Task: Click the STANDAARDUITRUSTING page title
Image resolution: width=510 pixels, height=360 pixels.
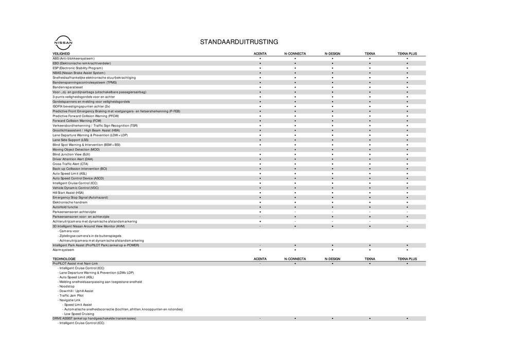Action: coord(239,42)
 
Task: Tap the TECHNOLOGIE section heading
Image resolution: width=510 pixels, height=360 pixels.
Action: coord(64,259)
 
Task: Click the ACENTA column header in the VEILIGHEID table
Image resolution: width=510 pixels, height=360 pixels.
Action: coord(260,54)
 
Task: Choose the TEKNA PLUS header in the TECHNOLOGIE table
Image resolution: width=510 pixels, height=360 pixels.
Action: coord(407,259)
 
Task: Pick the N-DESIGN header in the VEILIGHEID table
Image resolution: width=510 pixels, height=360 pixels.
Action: coord(332,54)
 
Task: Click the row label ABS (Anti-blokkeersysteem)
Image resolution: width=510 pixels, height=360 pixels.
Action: coord(74,59)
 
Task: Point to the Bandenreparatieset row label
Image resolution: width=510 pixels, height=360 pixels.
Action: coord(67,87)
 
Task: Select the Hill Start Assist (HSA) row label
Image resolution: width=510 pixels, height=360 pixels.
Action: coord(68,193)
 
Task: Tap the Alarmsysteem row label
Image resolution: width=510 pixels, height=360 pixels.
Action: coord(63,250)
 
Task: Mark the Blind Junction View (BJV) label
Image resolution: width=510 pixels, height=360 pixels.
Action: coord(71,154)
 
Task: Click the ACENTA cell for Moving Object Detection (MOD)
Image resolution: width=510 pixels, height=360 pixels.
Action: coord(260,150)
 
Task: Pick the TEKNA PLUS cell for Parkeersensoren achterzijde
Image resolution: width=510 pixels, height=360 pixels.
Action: coord(407,212)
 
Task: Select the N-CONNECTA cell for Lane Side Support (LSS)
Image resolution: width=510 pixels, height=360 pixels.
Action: coord(295,140)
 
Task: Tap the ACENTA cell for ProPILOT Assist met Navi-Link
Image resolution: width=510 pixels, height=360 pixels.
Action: coord(260,263)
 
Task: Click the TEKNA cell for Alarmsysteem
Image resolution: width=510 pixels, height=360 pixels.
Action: coord(370,250)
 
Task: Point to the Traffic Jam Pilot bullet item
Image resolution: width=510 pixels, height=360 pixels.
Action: coord(72,296)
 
